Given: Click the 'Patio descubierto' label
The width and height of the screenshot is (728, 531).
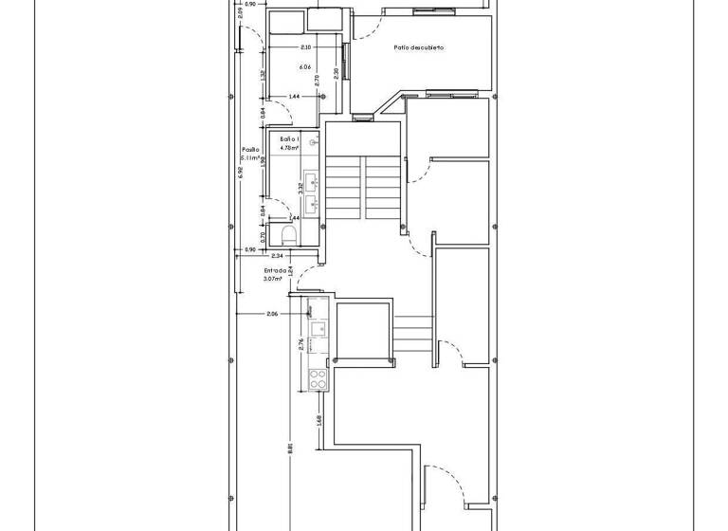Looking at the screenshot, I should pyautogui.click(x=419, y=47).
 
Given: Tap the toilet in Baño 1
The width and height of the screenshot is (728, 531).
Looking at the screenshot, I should pyautogui.click(x=289, y=233).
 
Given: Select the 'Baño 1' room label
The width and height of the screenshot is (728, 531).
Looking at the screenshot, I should pyautogui.click(x=289, y=139).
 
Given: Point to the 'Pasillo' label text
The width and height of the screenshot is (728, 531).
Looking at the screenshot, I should pyautogui.click(x=250, y=150).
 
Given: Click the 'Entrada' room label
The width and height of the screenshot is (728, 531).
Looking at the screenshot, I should pyautogui.click(x=276, y=270).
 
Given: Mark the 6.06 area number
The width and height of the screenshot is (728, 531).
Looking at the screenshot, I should pyautogui.click(x=304, y=67).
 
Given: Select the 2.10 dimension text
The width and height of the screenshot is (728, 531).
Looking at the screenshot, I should pyautogui.click(x=305, y=47).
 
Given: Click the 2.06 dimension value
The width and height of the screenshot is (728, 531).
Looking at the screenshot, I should pyautogui.click(x=272, y=314).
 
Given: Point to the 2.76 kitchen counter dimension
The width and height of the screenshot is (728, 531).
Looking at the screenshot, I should pyautogui.click(x=301, y=344).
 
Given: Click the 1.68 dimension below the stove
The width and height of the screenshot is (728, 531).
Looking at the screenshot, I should pyautogui.click(x=319, y=419).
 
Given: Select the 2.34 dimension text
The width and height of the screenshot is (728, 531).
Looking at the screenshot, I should pyautogui.click(x=278, y=256).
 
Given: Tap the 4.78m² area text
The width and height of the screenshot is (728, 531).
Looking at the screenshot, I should pyautogui.click(x=289, y=148).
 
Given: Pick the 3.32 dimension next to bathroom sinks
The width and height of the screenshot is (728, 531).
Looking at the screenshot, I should pyautogui.click(x=300, y=188).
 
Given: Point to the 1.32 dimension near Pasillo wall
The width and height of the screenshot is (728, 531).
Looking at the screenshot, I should pyautogui.click(x=263, y=74).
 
